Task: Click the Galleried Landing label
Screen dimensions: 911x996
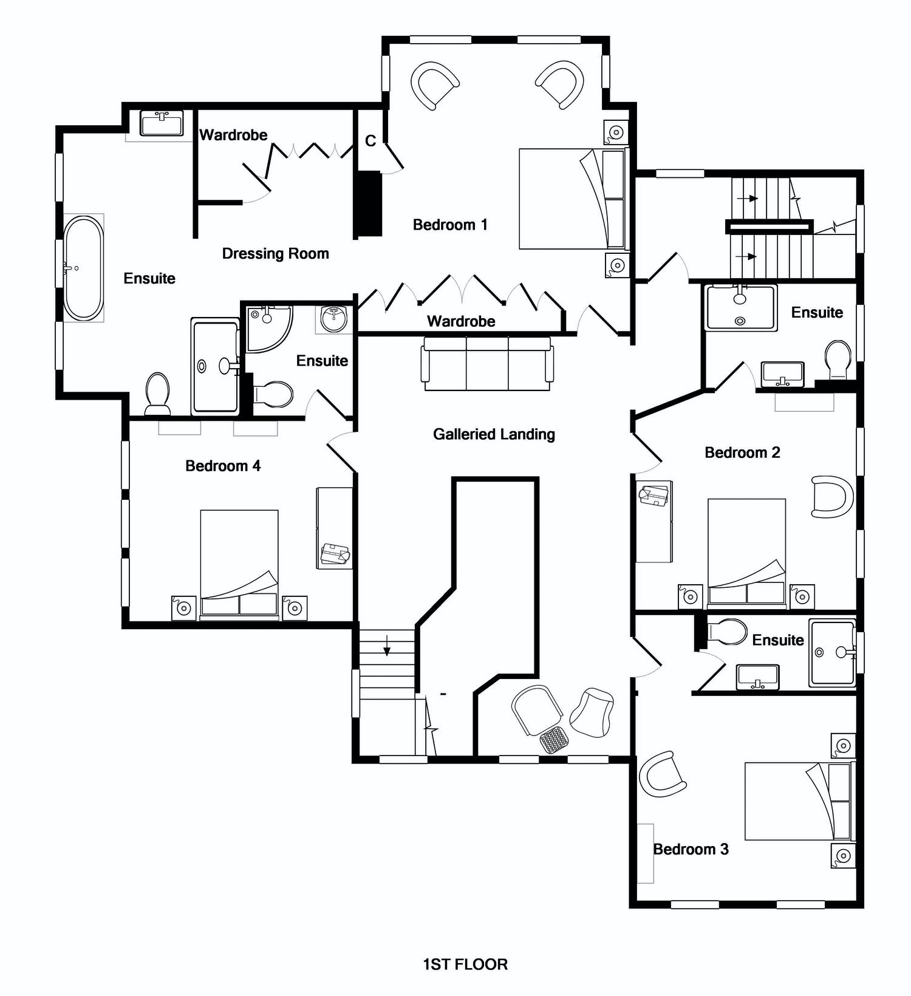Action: coord(494,434)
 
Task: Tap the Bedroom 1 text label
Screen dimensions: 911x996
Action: coord(450,225)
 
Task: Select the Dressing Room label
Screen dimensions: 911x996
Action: coord(275,254)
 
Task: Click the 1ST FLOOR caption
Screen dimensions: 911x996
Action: coord(465,964)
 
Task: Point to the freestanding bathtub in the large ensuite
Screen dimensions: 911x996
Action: coord(84,268)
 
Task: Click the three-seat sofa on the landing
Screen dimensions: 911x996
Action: coord(488,364)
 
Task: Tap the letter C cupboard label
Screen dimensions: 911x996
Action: coord(370,141)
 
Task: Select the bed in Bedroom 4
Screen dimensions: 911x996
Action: coord(239,564)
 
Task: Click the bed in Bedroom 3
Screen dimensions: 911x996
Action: coord(799,801)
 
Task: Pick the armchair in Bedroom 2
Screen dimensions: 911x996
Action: coord(833,496)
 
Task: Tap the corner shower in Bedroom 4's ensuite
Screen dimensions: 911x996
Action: coord(269,329)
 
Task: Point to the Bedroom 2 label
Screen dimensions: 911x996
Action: coord(742,452)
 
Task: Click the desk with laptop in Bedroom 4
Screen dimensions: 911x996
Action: coord(335,528)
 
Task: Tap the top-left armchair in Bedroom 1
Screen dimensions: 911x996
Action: coord(435,85)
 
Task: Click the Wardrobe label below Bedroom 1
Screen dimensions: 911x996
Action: coord(461,321)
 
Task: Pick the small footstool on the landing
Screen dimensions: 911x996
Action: coord(555,740)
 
